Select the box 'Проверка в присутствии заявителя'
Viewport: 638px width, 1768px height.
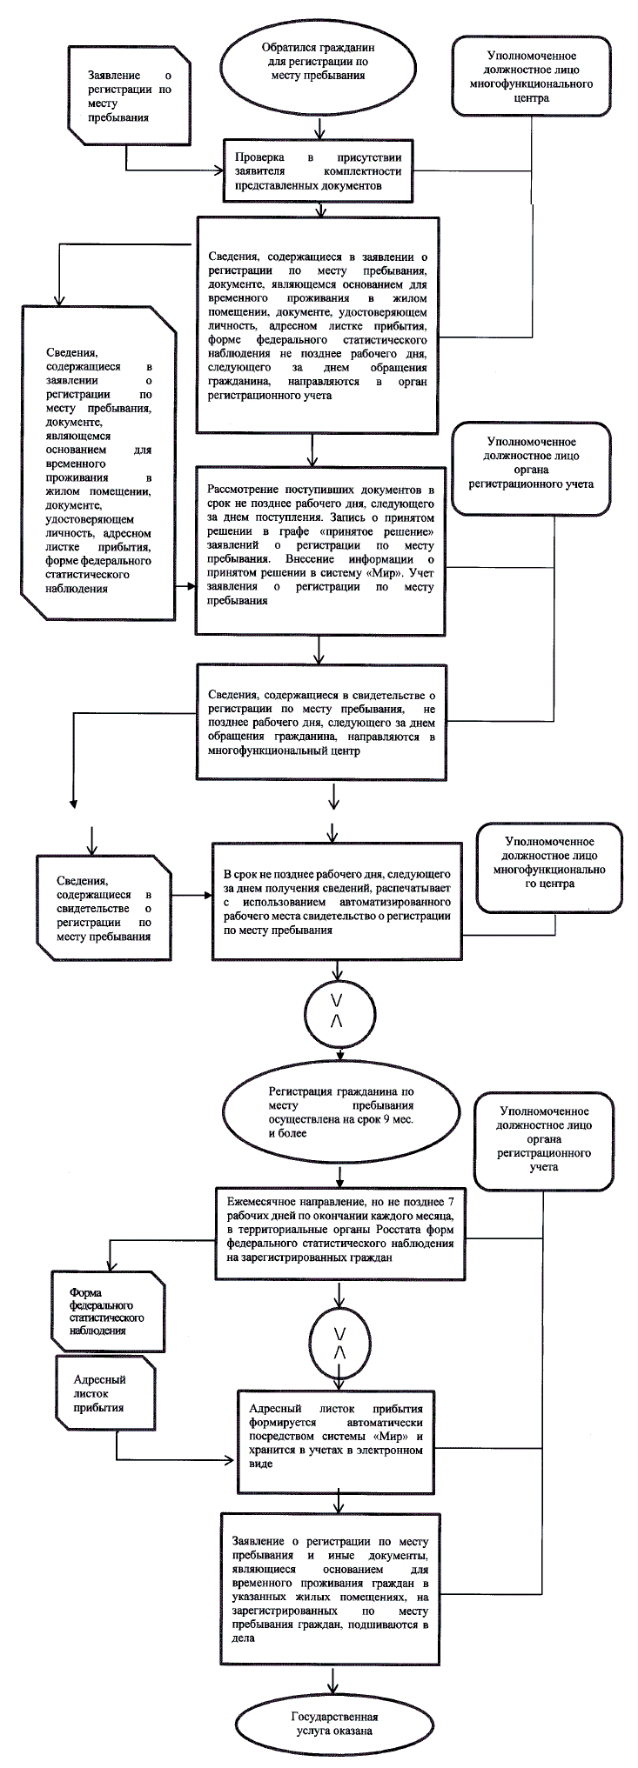click(x=317, y=170)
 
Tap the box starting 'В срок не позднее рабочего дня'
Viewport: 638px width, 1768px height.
click(x=335, y=900)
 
